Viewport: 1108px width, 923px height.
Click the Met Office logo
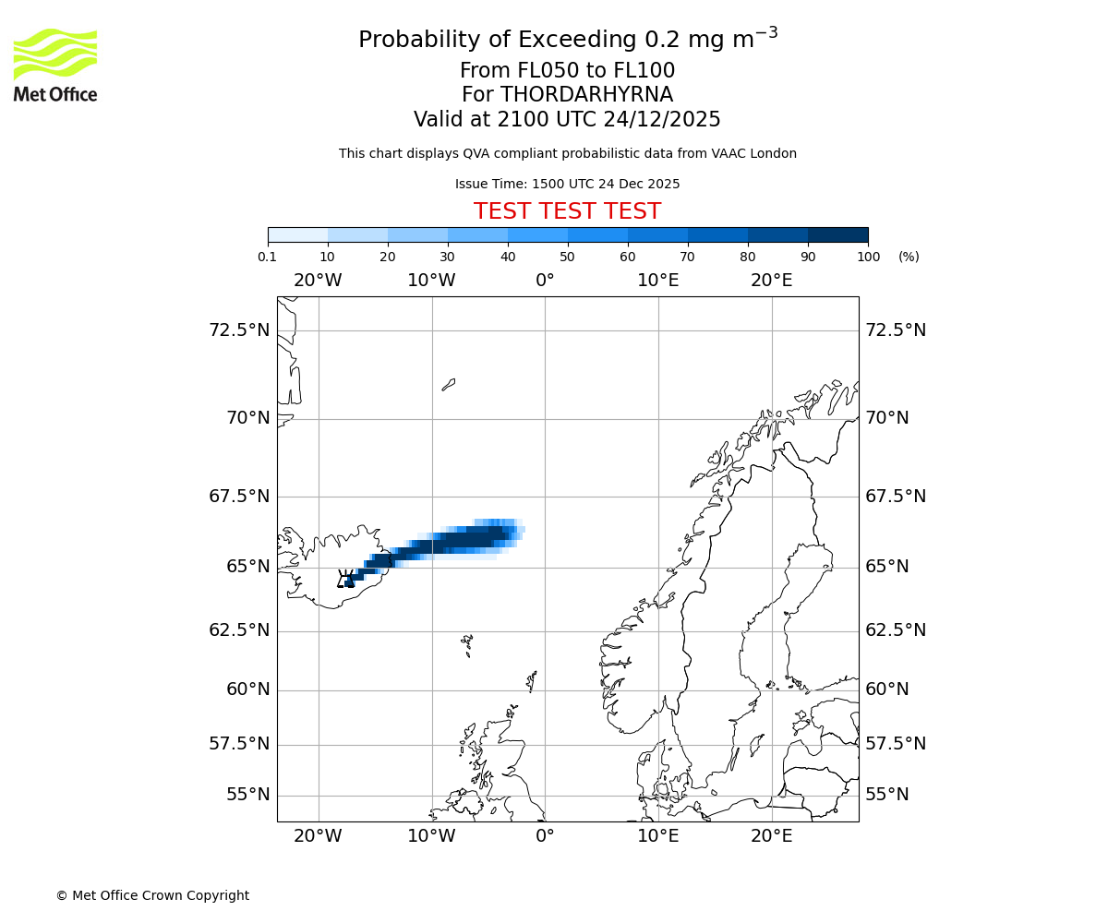tap(55, 65)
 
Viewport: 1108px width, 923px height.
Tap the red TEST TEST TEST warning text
tap(567, 211)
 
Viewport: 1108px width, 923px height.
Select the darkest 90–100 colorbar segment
tap(837, 234)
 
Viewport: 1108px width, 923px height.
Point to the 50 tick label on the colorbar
tap(568, 257)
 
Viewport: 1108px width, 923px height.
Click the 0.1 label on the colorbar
tap(268, 257)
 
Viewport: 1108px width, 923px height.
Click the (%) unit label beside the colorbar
tap(909, 257)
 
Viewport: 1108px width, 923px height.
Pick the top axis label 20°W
tap(318, 280)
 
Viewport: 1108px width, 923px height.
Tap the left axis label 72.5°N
tap(239, 330)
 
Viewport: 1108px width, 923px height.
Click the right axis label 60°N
tap(887, 689)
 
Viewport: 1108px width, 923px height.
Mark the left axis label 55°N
tap(247, 795)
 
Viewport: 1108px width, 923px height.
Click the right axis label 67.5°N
tap(896, 496)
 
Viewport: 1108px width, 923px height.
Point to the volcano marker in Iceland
tap(347, 580)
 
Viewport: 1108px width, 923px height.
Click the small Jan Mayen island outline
tap(449, 384)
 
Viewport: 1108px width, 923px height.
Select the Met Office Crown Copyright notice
tap(152, 895)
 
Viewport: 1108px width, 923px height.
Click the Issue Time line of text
tap(567, 184)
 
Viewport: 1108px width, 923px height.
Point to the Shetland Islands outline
tap(532, 681)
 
